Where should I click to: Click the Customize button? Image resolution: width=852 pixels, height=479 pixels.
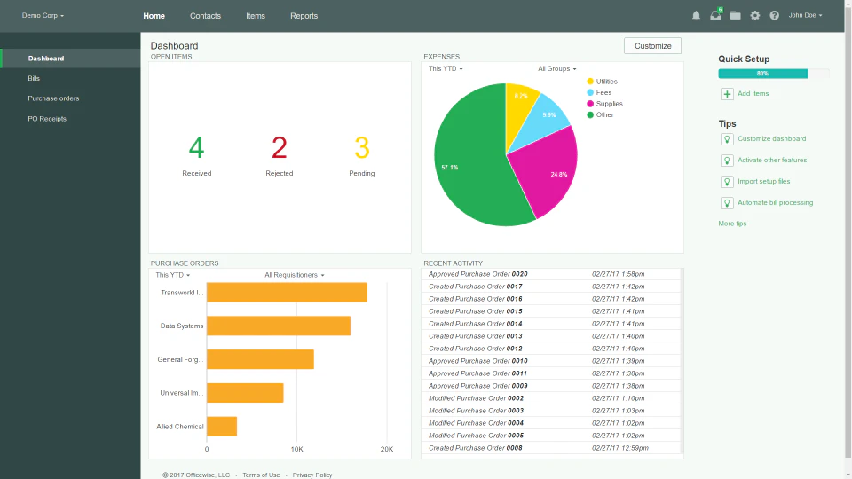(652, 45)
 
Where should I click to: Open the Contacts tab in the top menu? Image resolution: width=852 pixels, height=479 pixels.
(205, 16)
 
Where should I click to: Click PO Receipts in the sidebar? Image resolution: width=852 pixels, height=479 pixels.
(47, 119)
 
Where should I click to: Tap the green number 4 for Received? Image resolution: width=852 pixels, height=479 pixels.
(196, 147)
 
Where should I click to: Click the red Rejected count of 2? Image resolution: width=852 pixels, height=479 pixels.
(280, 147)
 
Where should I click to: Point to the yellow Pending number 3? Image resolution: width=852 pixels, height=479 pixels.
(361, 147)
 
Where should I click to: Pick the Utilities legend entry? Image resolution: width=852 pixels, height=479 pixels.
(606, 82)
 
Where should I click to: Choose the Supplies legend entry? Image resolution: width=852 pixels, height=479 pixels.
(609, 104)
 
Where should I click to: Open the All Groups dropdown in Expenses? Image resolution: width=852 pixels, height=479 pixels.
(556, 69)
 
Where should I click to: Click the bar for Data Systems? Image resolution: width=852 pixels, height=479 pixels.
(278, 326)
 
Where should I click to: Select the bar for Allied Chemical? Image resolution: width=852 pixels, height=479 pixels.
(222, 427)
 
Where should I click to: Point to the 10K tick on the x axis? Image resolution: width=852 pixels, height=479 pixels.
(296, 450)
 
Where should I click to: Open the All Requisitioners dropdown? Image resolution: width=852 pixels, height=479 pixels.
(294, 275)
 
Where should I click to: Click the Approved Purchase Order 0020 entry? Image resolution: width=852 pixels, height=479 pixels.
(477, 274)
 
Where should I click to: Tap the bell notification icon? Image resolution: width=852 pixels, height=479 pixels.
(696, 16)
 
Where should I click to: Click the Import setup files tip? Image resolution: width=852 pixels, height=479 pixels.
(763, 182)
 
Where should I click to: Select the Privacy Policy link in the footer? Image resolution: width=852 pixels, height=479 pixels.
(312, 475)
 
